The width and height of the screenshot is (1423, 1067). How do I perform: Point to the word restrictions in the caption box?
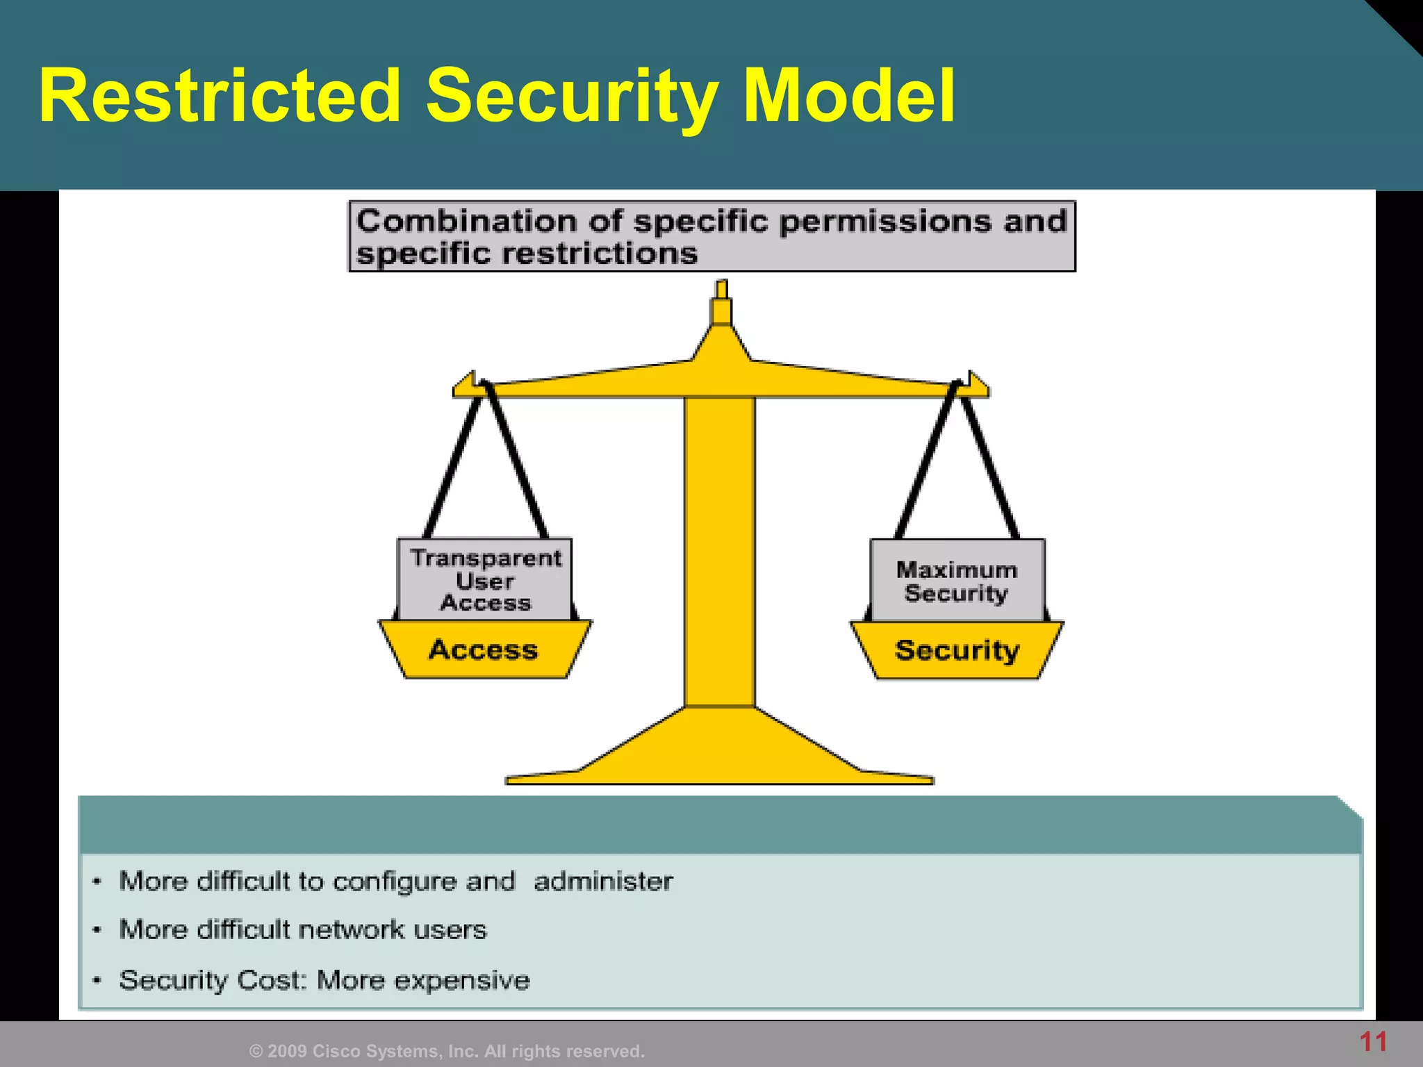tap(599, 254)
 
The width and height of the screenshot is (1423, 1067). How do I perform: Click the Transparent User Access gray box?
tap(485, 579)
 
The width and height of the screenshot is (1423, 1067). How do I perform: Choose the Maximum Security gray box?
tap(957, 581)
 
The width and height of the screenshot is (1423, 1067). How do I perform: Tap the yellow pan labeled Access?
tap(484, 650)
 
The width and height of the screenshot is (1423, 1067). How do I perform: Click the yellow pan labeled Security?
tap(957, 651)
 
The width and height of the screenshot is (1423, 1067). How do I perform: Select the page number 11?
tap(1373, 1042)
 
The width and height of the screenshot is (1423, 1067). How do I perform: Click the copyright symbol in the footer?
tap(256, 1052)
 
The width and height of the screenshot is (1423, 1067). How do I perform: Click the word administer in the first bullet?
tap(603, 882)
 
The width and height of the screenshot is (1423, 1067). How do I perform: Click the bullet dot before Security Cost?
tap(98, 980)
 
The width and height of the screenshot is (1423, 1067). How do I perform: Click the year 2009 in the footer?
tap(287, 1052)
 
